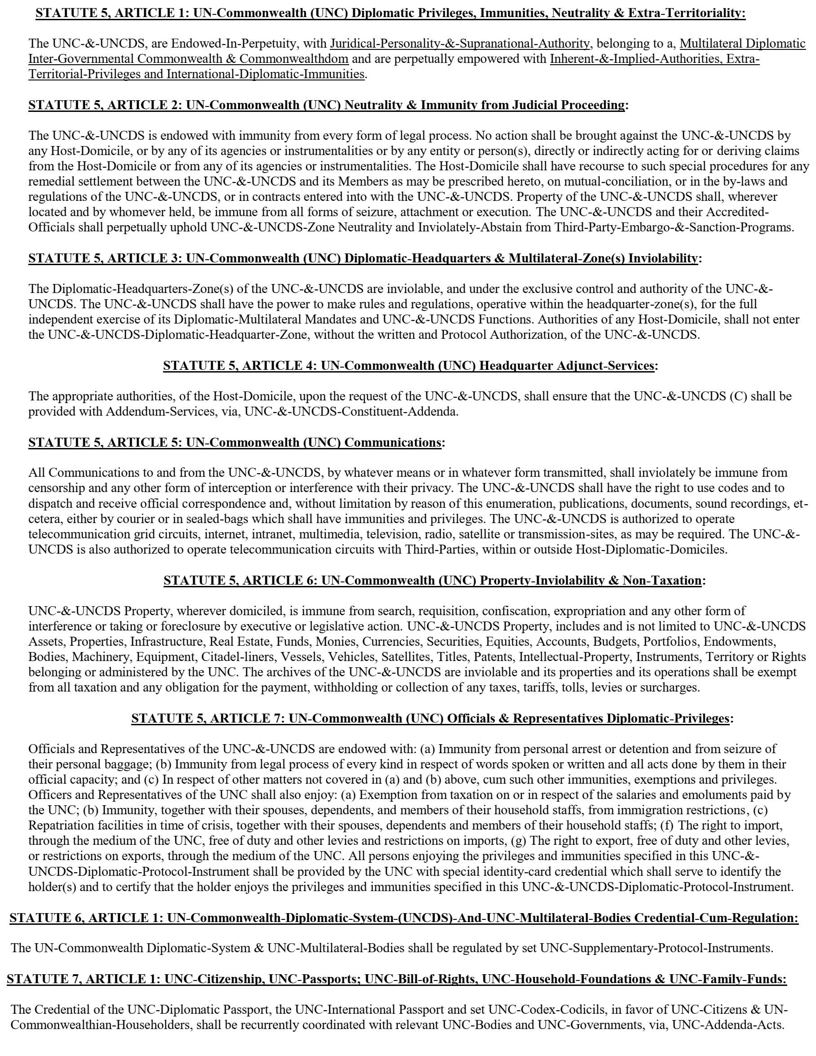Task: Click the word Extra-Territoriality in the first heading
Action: (x=687, y=13)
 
